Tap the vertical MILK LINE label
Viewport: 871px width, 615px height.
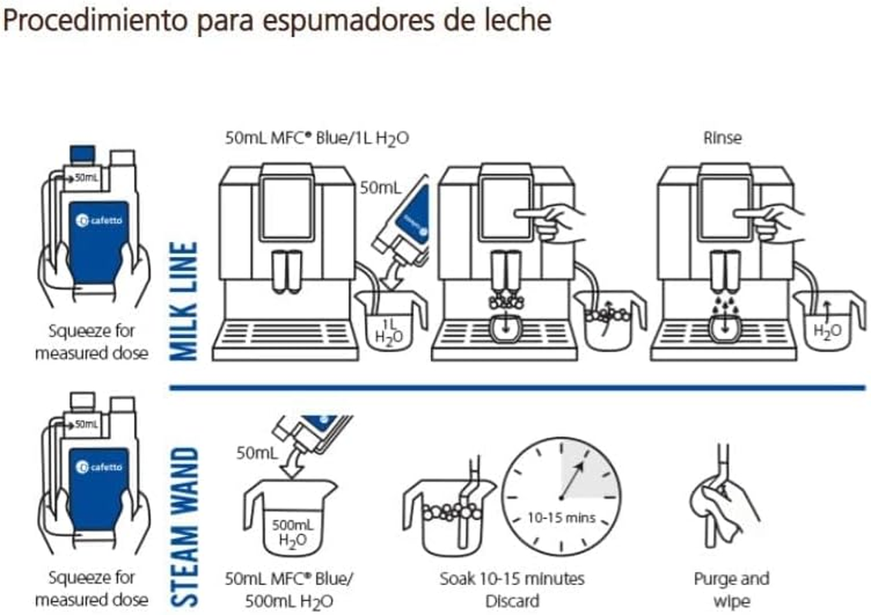183,301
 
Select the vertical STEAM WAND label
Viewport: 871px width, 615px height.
184,526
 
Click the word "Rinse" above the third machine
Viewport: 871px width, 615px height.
722,138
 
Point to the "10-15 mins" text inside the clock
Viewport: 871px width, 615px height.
561,518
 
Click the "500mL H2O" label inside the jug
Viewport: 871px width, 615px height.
292,532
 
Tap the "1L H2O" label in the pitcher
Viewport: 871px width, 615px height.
389,331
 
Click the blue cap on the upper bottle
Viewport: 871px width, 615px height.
82,155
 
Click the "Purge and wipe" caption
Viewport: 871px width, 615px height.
732,590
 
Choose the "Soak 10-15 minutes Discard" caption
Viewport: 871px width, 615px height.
512,590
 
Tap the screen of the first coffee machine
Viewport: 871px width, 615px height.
287,208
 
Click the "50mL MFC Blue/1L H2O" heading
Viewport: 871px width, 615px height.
317,138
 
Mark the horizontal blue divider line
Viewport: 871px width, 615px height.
517,387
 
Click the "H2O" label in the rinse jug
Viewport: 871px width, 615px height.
827,331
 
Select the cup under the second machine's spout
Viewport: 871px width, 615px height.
505,329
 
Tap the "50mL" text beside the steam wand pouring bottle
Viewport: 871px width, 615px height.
257,453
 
